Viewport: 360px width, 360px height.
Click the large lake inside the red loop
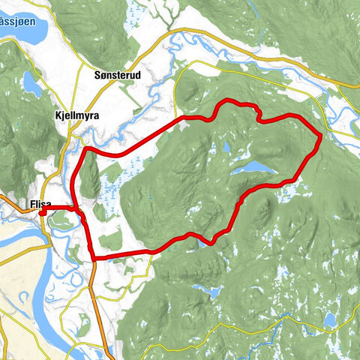250,167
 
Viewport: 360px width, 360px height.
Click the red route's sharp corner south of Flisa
94,259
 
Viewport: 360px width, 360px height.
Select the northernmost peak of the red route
229,102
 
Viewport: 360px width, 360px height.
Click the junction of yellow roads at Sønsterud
119,61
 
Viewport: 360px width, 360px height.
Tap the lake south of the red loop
207,289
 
